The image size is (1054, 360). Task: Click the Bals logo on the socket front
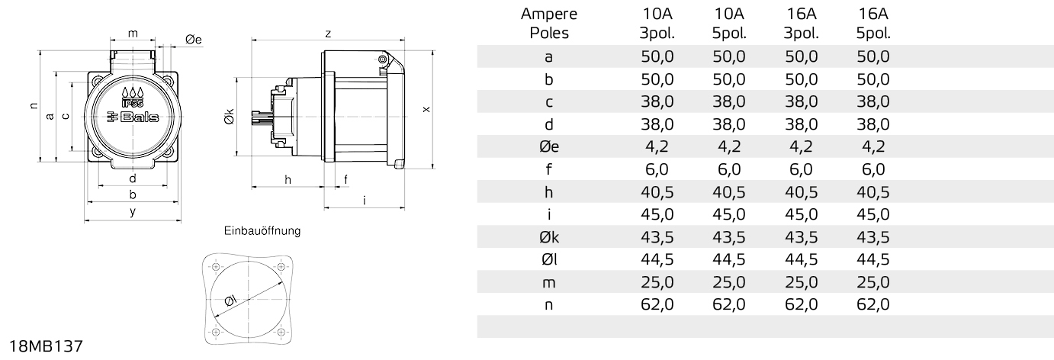[x=133, y=117]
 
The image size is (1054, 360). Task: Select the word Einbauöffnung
[x=262, y=231]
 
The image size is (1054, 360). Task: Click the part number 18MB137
[x=46, y=346]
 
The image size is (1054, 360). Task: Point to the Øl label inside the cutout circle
[x=230, y=301]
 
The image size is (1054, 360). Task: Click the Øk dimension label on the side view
[x=229, y=117]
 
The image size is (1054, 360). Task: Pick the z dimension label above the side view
[x=328, y=34]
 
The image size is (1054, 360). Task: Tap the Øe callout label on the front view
[x=194, y=40]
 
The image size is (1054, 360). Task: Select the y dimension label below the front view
[x=133, y=212]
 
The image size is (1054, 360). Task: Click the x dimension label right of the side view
[x=426, y=109]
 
